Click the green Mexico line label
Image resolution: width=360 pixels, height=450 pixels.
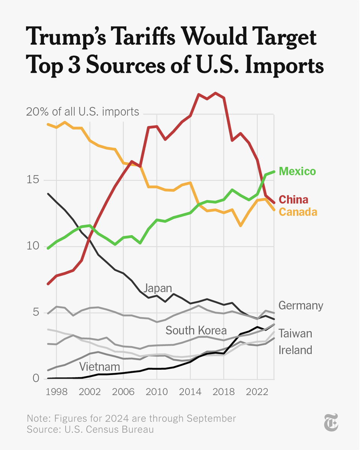(x=298, y=172)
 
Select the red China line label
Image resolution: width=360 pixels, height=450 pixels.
(x=294, y=199)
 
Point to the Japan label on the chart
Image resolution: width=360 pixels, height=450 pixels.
(x=158, y=288)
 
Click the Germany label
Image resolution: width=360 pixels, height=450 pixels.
(x=300, y=305)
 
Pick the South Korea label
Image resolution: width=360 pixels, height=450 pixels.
(x=196, y=330)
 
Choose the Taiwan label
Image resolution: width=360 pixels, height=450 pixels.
(x=295, y=333)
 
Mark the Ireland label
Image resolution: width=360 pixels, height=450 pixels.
(x=295, y=350)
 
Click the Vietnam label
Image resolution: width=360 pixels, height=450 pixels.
(x=99, y=366)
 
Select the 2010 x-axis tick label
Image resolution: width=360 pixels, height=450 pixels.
(x=156, y=393)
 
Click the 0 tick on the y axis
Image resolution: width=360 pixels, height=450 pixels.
(x=36, y=379)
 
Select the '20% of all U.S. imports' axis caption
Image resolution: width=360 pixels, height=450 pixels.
(x=83, y=112)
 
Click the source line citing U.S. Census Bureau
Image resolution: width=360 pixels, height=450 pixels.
(x=90, y=429)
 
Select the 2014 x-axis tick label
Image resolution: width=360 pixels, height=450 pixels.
(x=190, y=393)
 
